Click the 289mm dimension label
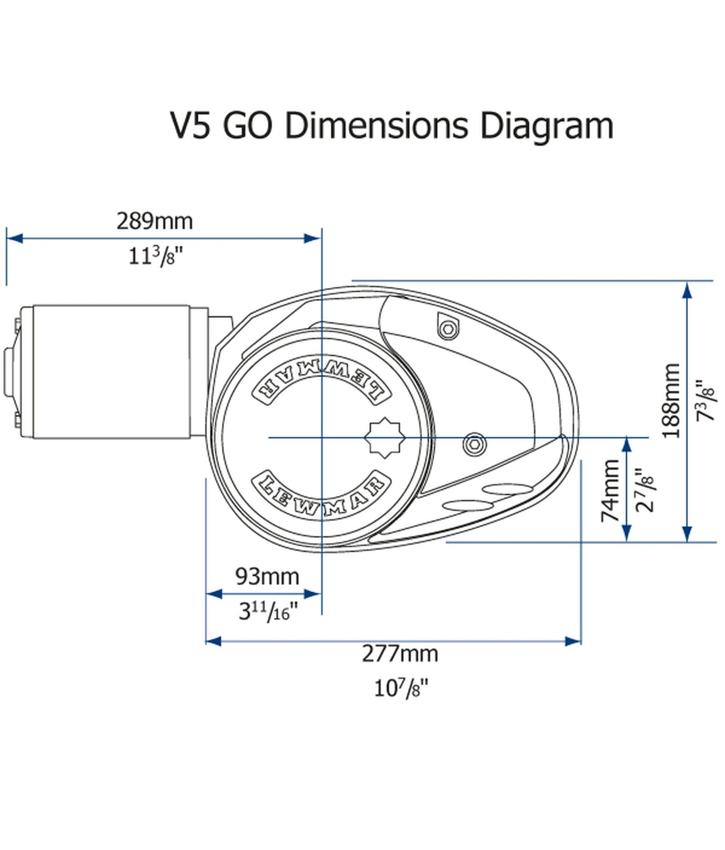click(155, 221)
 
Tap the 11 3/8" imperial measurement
click(155, 256)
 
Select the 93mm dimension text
click(267, 576)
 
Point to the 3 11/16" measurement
click(268, 611)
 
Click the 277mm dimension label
click(400, 653)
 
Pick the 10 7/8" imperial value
click(401, 688)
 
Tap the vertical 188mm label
click(672, 400)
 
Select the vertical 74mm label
click(610, 490)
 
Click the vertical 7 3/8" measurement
click(706, 400)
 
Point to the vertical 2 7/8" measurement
click(645, 490)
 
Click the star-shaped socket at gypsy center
click(385, 438)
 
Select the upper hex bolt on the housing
click(447, 328)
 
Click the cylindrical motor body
click(112, 372)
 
